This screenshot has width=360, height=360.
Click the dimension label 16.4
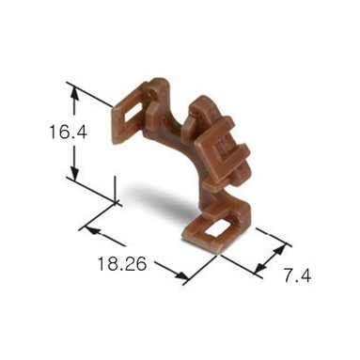[x=68, y=132]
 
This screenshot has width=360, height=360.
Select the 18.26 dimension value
[x=122, y=263]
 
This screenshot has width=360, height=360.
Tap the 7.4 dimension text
[x=297, y=276]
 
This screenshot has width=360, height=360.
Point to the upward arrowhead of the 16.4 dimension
[x=74, y=94]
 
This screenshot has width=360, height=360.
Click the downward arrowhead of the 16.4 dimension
[x=74, y=173]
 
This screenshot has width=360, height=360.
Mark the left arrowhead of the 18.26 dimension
[x=93, y=231]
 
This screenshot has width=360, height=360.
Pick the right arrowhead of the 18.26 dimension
[x=181, y=275]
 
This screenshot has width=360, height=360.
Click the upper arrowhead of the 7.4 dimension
[x=280, y=250]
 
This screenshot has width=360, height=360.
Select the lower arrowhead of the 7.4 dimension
[x=260, y=267]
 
